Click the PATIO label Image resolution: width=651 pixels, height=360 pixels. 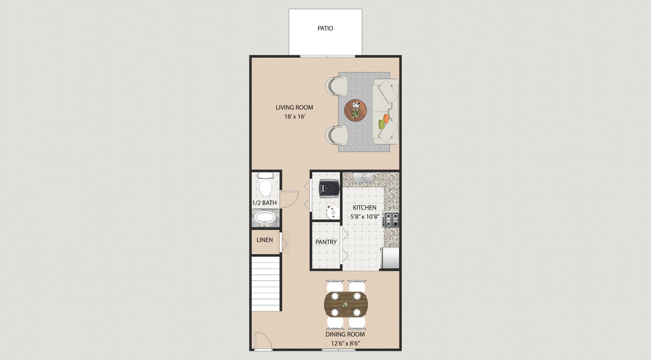tap(325, 28)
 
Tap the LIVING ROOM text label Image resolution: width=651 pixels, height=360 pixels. tap(294, 107)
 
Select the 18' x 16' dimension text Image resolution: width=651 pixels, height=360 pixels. tap(295, 117)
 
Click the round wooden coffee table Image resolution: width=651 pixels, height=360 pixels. tap(356, 110)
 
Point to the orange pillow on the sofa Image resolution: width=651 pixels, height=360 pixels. tap(386, 119)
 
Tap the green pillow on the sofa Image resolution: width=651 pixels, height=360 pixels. tap(381, 124)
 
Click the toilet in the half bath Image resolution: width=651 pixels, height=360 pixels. tap(265, 184)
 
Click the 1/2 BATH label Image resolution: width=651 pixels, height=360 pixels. tap(264, 203)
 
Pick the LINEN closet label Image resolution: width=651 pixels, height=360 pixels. tap(265, 240)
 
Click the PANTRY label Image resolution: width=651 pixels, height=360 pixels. tap(326, 242)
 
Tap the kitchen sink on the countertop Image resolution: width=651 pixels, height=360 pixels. tap(363, 177)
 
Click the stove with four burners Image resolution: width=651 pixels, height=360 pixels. tap(391, 219)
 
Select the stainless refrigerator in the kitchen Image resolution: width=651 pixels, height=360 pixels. tap(390, 258)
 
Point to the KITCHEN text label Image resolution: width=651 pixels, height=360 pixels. tap(364, 207)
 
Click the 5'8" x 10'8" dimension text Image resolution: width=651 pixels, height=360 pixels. tap(364, 217)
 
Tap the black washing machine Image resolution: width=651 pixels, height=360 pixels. tap(329, 188)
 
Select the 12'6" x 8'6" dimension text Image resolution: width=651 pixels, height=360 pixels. tap(345, 343)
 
